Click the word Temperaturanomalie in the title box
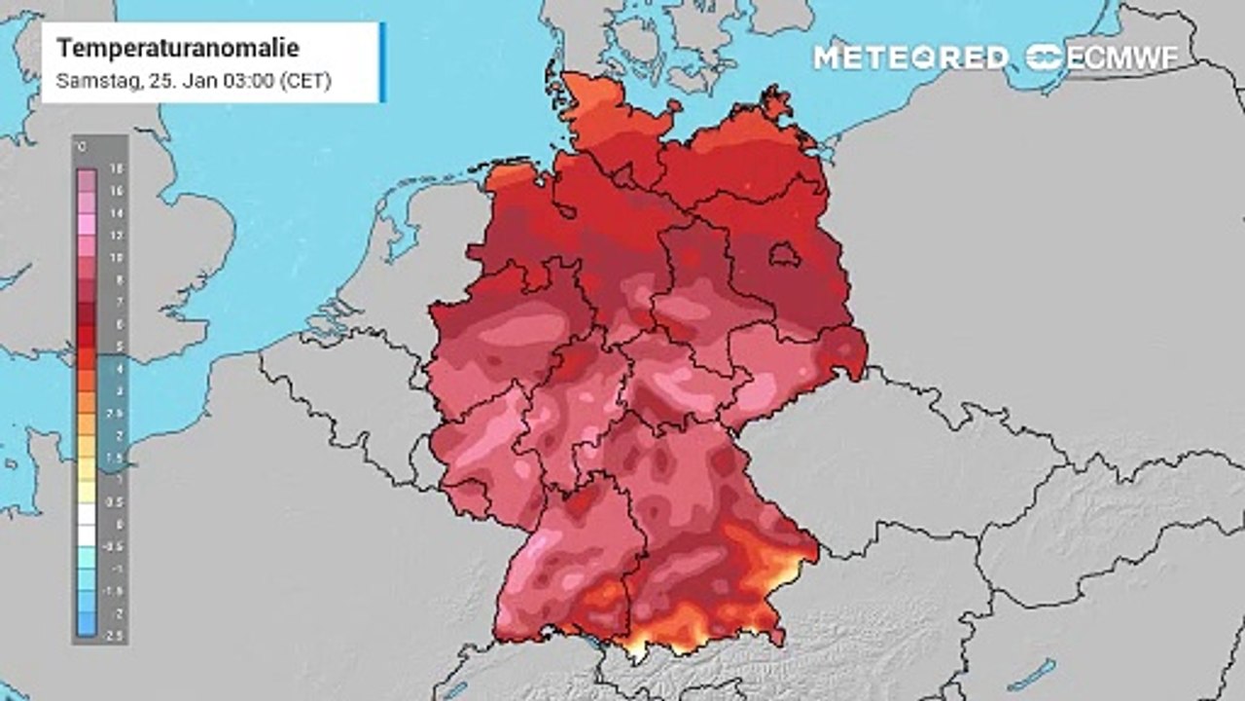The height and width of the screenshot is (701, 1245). tap(178, 49)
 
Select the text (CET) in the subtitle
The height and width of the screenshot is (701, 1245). tap(305, 82)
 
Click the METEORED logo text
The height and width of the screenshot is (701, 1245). tap(910, 57)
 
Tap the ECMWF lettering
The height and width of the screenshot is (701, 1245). tap(1122, 57)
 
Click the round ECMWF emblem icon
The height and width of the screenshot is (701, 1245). tap(1045, 57)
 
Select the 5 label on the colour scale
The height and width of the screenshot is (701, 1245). tap(117, 347)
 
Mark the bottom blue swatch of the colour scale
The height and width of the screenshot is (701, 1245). tap(87, 625)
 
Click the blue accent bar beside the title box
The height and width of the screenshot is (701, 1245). tap(382, 62)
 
